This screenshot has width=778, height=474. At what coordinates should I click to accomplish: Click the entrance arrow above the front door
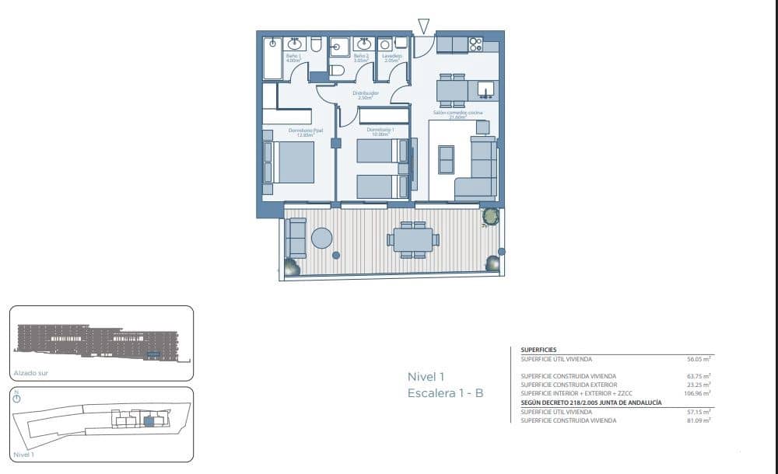click(423, 26)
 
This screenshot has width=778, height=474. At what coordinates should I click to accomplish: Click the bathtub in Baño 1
click(272, 58)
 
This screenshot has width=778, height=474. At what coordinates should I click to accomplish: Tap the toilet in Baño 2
click(336, 71)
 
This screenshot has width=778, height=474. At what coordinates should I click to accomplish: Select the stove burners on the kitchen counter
click(475, 44)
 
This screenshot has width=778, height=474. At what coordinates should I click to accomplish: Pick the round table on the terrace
click(321, 238)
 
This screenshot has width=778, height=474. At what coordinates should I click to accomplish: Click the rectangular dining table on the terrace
click(413, 239)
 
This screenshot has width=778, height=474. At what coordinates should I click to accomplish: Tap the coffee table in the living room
click(447, 160)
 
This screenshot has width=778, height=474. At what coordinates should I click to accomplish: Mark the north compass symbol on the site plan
click(17, 397)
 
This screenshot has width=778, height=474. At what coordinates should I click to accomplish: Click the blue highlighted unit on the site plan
click(149, 421)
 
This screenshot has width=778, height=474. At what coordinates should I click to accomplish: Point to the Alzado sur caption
click(31, 373)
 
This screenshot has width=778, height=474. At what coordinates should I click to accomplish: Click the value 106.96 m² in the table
click(699, 393)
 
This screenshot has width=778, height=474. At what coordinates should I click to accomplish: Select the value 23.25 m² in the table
click(701, 385)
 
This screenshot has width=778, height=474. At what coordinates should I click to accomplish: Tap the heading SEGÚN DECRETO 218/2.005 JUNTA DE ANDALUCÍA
click(591, 403)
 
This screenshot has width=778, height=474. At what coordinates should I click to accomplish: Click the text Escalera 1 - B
click(446, 393)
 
